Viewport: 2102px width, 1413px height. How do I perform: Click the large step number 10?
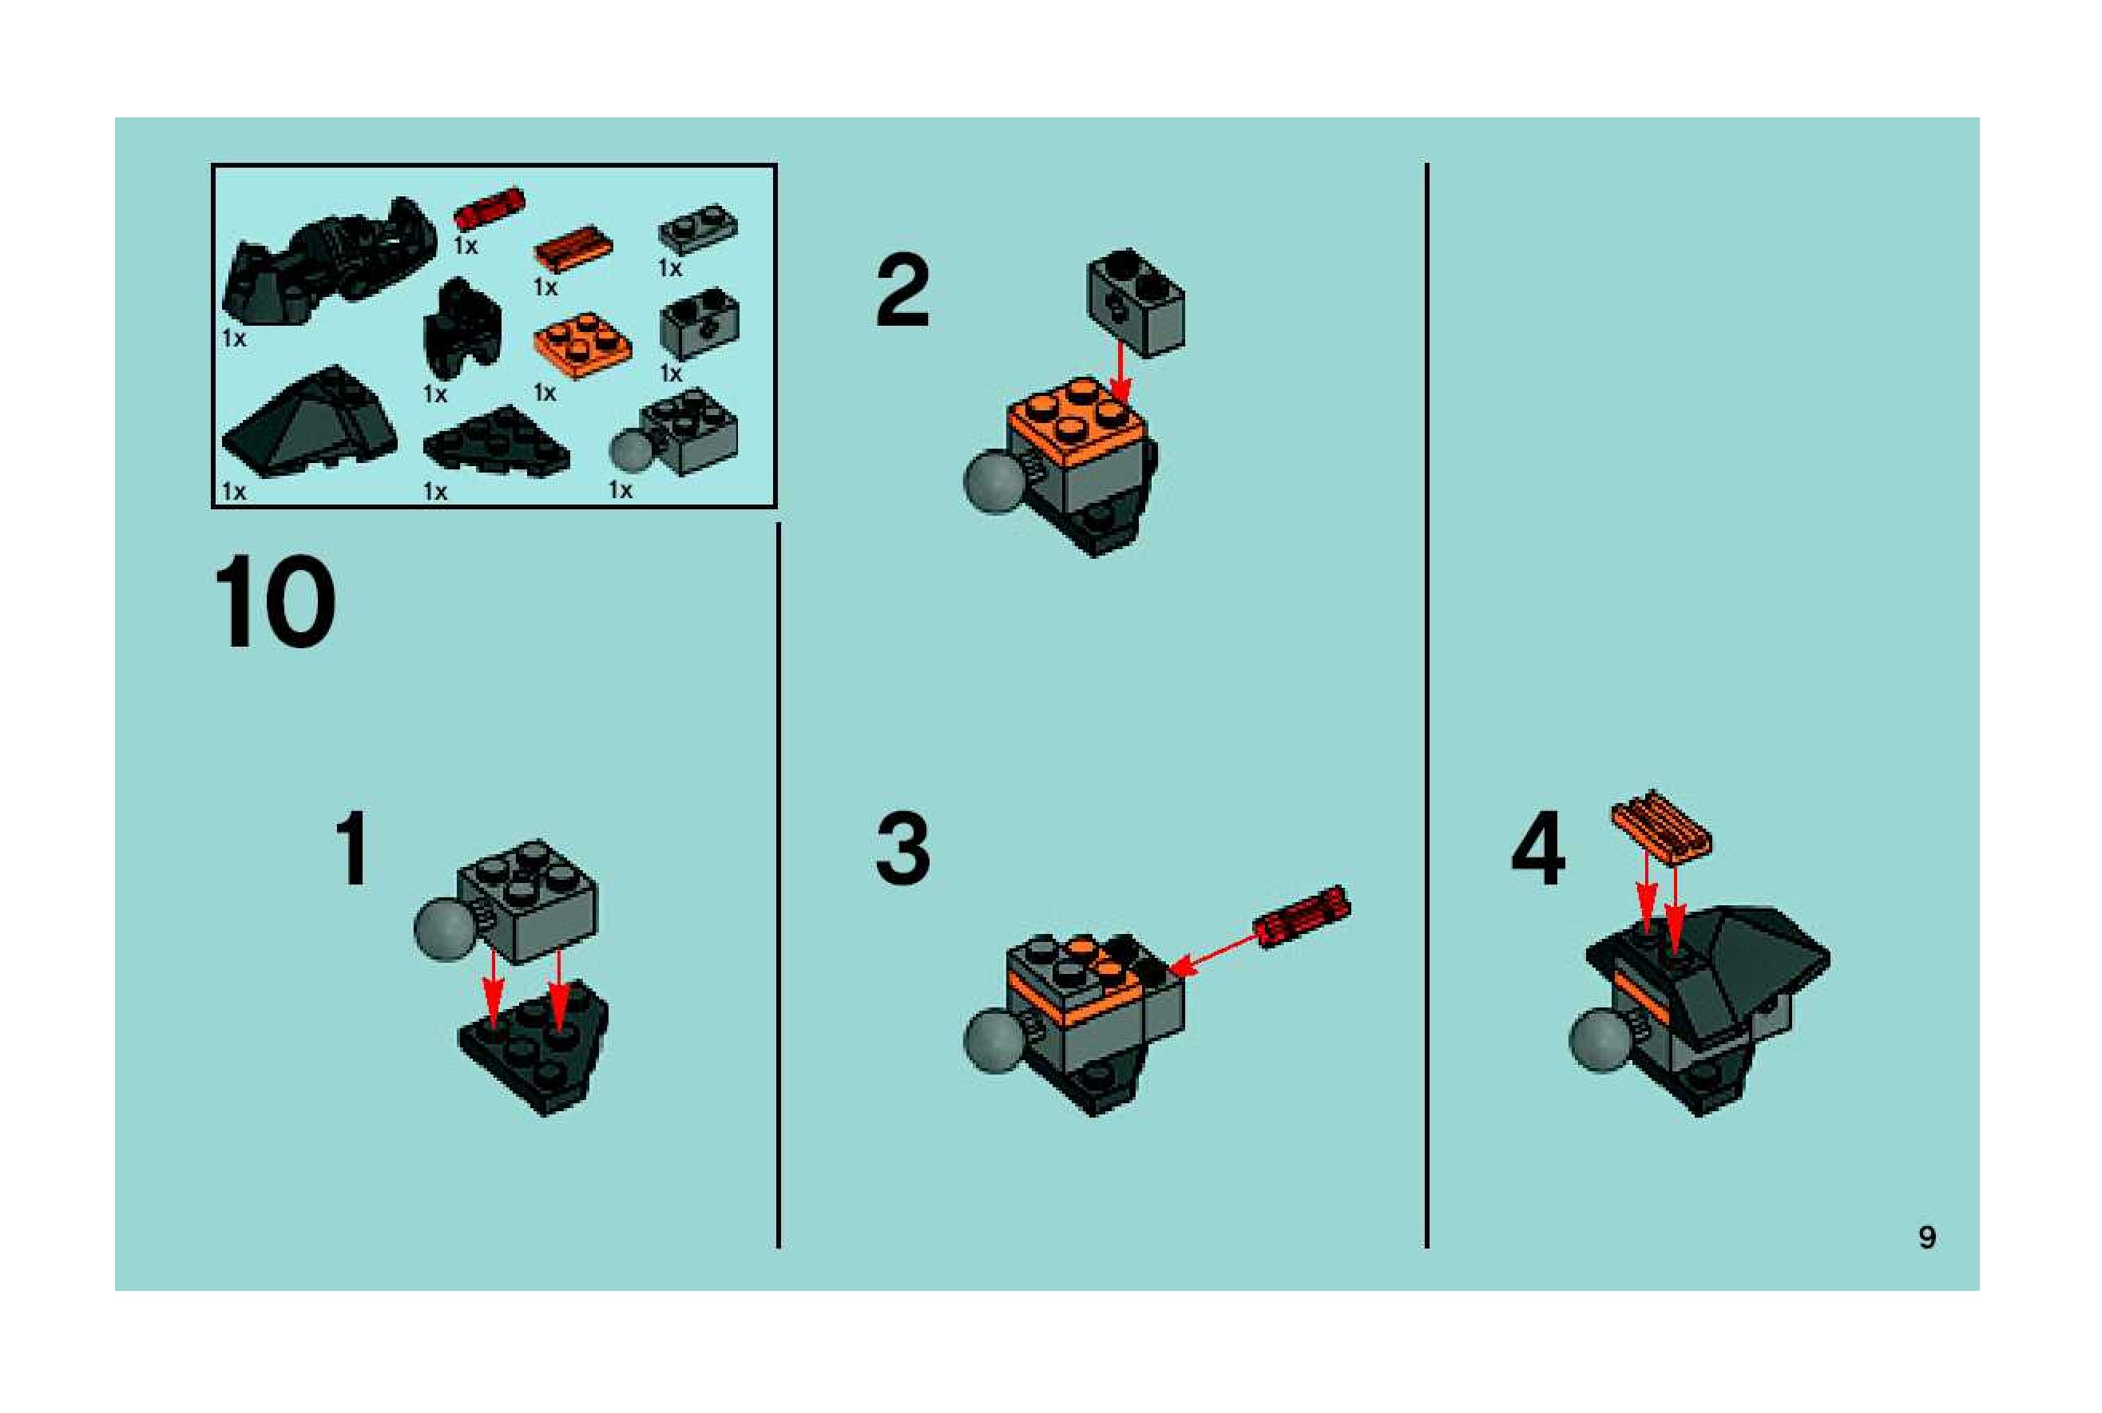pyautogui.click(x=274, y=601)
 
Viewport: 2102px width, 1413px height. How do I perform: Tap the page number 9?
pyautogui.click(x=1927, y=1237)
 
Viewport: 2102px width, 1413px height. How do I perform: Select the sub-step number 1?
pyautogui.click(x=352, y=848)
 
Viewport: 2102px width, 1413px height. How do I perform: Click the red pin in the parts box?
pyautogui.click(x=489, y=209)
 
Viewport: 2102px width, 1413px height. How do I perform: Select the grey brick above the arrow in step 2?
pyautogui.click(x=1135, y=303)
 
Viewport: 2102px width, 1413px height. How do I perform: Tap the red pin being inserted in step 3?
pyautogui.click(x=1303, y=916)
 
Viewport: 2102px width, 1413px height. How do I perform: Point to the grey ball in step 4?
pyautogui.click(x=1600, y=1041)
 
